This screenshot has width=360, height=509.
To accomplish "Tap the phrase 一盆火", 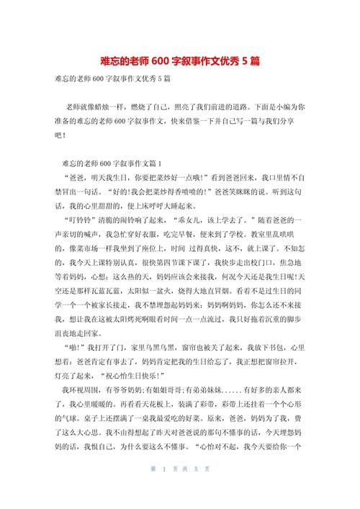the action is click(176, 293).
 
